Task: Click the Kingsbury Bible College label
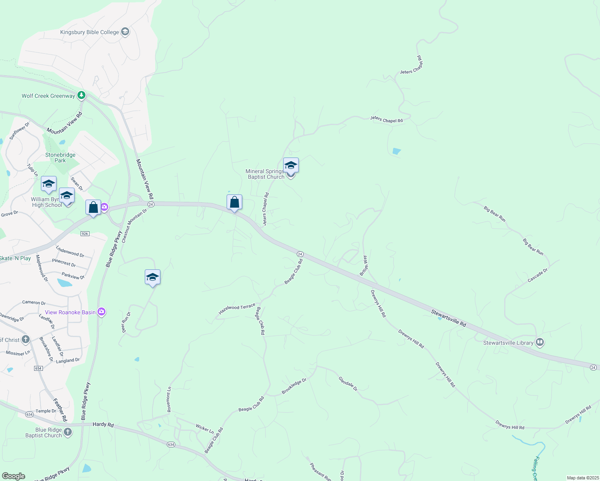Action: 89,32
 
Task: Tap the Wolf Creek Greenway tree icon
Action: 81,95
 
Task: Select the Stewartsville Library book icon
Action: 540,342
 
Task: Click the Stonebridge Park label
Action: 60,158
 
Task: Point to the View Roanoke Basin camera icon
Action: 101,312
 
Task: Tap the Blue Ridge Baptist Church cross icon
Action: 68,432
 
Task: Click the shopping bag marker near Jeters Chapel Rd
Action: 234,202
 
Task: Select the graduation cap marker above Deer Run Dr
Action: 152,277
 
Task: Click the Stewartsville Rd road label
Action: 449,318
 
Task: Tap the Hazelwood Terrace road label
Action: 237,309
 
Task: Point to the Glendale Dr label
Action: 348,384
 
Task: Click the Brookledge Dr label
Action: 294,386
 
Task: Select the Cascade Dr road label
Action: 537,275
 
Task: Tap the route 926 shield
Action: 85,234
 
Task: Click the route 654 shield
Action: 39,368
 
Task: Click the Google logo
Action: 14,476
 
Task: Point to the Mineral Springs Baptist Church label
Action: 265,174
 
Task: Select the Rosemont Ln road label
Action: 169,399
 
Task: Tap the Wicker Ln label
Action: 205,429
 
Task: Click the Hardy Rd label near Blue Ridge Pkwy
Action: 103,424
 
